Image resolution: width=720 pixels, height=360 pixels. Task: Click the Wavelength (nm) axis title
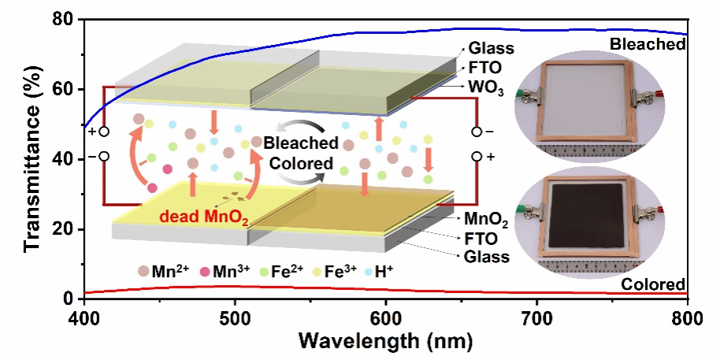point(386,342)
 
